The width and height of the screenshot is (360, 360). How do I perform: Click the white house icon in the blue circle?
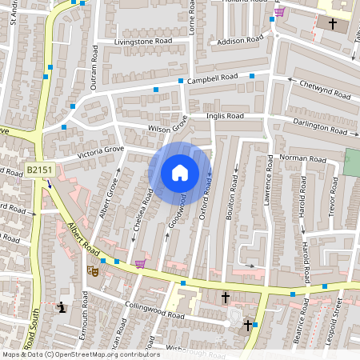coord(180,173)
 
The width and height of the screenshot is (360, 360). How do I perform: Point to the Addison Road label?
coord(240,38)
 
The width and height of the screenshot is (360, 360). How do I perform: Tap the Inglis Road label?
coord(224,116)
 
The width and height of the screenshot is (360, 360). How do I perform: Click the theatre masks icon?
coord(92,271)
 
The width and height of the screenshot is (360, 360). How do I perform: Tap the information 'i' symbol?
coord(62,306)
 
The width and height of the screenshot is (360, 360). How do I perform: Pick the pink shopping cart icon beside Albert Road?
coord(142,264)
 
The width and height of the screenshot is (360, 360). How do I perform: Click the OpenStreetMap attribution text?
coord(80,354)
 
